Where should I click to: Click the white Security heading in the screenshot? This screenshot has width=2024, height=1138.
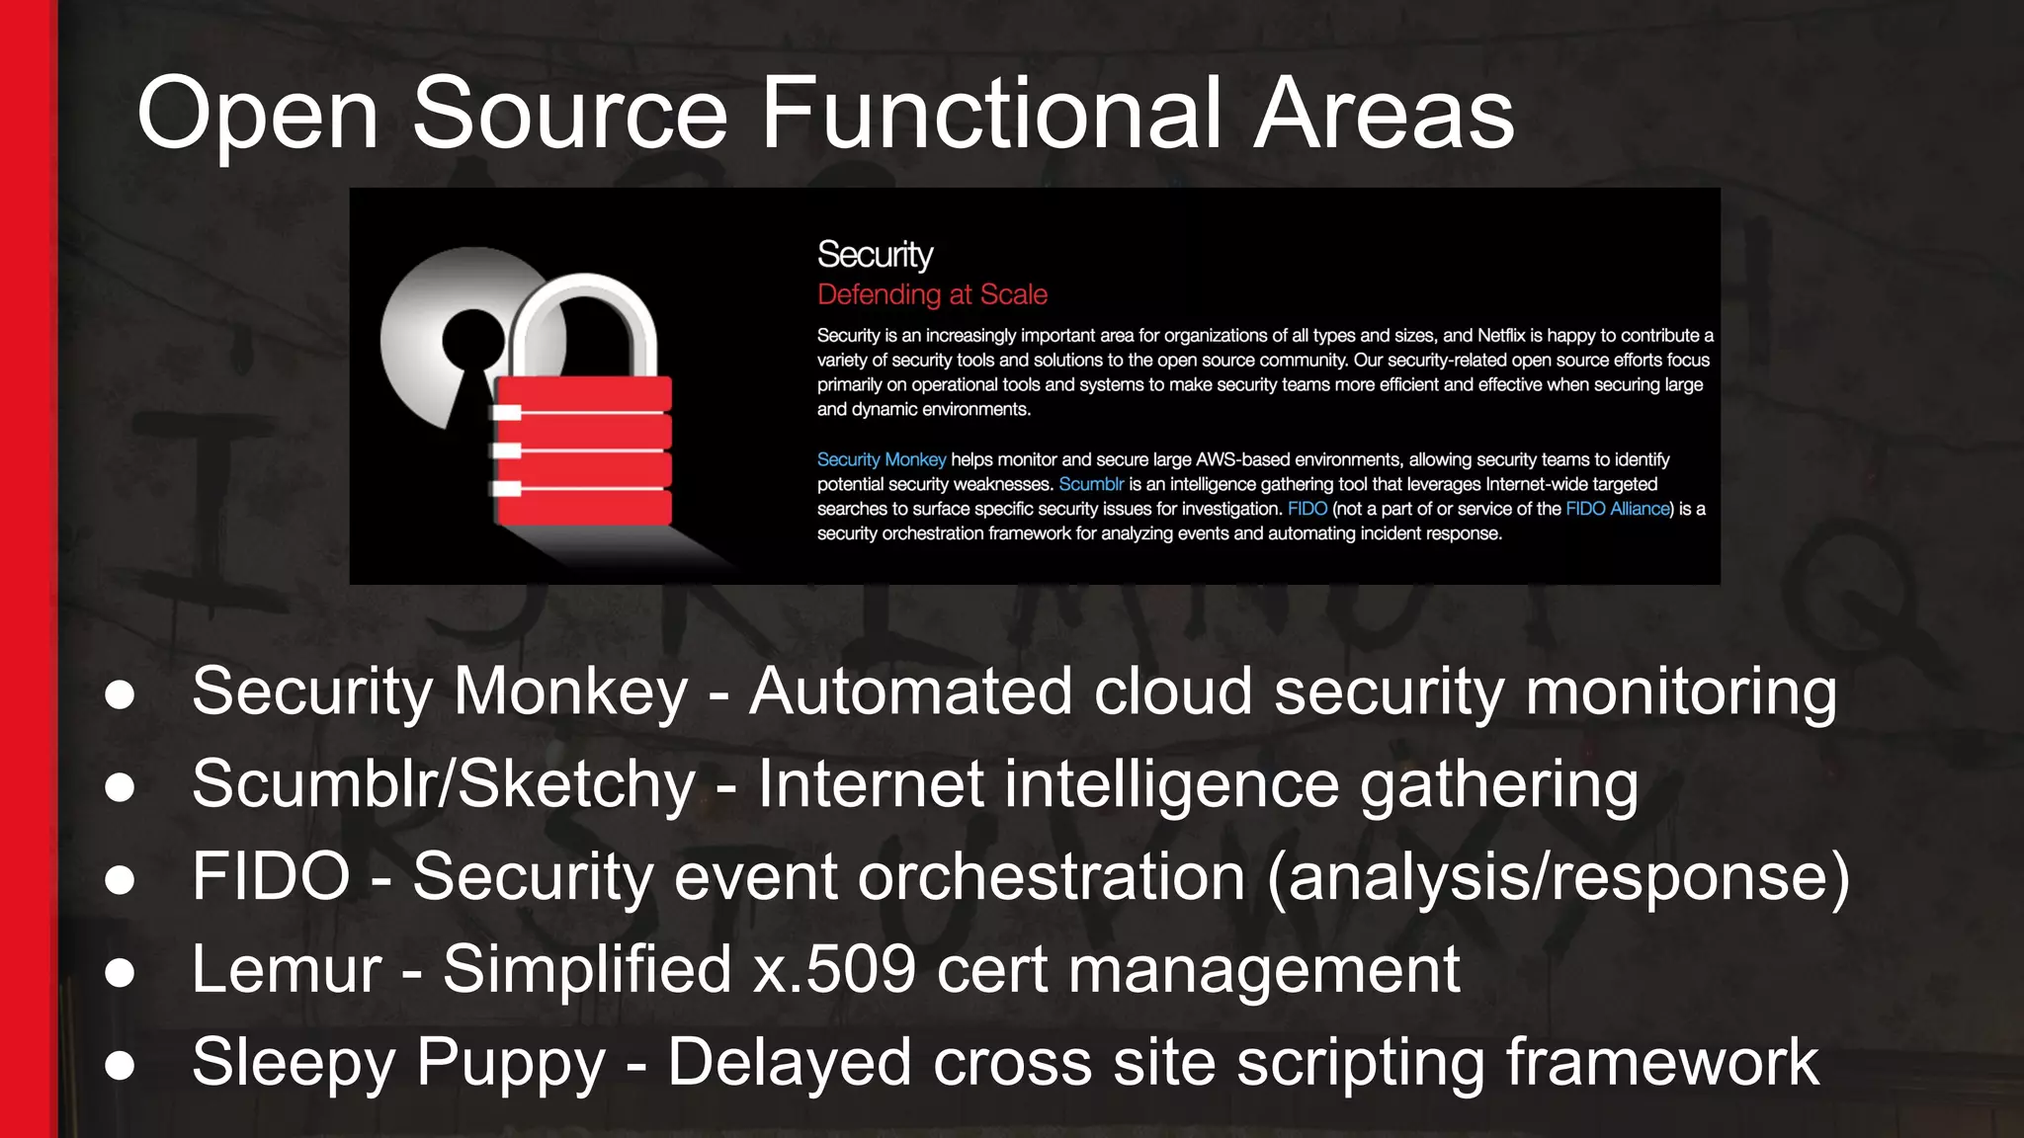pos(875,255)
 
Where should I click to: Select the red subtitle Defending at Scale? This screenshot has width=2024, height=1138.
pos(932,294)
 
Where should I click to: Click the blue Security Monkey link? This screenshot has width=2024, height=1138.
pos(882,459)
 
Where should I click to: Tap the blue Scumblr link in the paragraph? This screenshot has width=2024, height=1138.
pos(1091,484)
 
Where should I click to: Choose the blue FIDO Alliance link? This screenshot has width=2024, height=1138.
pos(1618,509)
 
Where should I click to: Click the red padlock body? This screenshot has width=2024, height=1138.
pos(583,449)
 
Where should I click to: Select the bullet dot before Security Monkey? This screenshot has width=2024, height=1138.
pos(120,694)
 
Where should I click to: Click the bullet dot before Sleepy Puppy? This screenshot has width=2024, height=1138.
pos(120,1066)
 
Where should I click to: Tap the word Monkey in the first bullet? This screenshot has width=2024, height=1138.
pos(570,691)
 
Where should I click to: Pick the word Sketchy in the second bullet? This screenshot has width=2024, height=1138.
pos(577,784)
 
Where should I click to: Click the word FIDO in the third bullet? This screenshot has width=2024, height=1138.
pos(271,876)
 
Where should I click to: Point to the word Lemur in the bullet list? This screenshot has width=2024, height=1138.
pos(287,969)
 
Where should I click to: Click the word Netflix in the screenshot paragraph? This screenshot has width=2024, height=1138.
pos(1501,336)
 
